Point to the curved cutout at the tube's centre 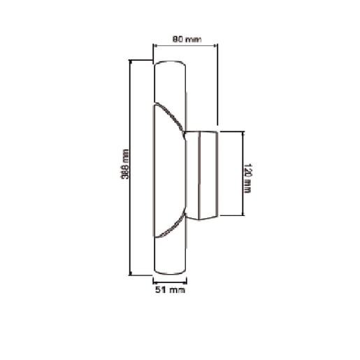169,168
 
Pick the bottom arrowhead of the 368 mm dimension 131,273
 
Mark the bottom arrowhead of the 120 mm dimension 243,215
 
